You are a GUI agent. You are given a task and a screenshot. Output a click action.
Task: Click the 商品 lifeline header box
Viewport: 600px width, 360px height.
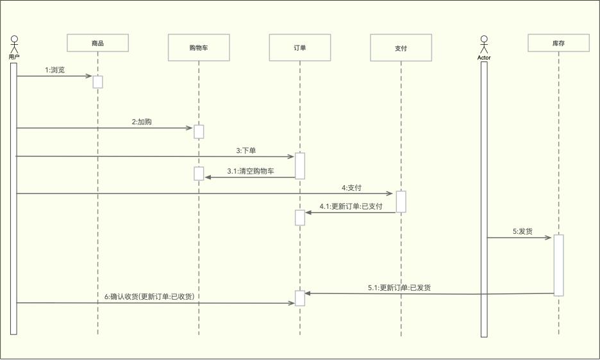[97, 43]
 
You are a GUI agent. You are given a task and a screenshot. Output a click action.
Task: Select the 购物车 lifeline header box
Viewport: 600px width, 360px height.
[198, 48]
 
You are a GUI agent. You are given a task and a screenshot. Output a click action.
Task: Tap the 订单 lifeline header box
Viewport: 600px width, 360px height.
[299, 47]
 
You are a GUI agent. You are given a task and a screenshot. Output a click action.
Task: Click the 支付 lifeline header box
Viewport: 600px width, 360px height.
[401, 48]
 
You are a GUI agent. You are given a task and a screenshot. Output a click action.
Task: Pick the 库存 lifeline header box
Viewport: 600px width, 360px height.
[558, 43]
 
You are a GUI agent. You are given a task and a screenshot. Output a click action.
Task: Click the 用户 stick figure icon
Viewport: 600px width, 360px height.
[14, 45]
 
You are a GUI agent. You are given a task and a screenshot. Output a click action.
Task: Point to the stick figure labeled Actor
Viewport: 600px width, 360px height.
[484, 45]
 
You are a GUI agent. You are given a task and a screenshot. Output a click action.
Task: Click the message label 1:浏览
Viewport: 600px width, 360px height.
[54, 70]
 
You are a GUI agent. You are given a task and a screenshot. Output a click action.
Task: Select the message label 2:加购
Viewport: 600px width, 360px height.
[142, 122]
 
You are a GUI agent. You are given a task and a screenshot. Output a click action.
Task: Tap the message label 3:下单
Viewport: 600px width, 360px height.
[246, 151]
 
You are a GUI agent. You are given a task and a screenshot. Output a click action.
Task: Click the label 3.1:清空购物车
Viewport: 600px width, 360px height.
[251, 172]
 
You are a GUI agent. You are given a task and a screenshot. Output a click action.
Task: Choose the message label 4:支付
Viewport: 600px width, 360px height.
[351, 188]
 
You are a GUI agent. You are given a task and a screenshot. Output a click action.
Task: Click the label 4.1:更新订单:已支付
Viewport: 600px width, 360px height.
[351, 206]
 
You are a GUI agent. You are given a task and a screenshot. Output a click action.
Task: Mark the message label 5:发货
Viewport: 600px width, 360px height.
[522, 231]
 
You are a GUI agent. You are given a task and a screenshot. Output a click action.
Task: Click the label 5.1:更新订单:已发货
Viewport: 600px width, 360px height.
[399, 288]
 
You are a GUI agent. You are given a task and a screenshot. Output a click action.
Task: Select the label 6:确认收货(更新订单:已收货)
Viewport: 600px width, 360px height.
[149, 297]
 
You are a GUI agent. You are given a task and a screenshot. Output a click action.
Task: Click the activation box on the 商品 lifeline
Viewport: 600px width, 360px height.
[97, 82]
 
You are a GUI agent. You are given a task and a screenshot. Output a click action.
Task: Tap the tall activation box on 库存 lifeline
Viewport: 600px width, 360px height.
[558, 265]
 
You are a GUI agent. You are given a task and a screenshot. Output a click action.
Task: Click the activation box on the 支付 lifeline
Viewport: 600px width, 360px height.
[401, 201]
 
